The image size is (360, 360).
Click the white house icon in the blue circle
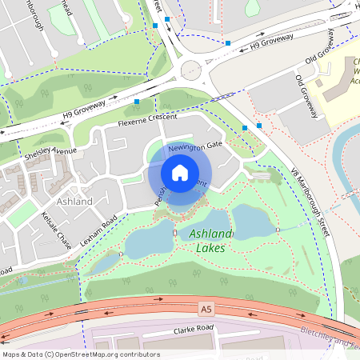pos(180,173)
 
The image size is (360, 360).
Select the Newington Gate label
pos(194,146)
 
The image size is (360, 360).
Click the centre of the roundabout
pos(191,70)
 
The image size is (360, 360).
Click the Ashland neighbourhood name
pos(75,201)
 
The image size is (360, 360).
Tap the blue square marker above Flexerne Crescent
pos(138,102)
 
